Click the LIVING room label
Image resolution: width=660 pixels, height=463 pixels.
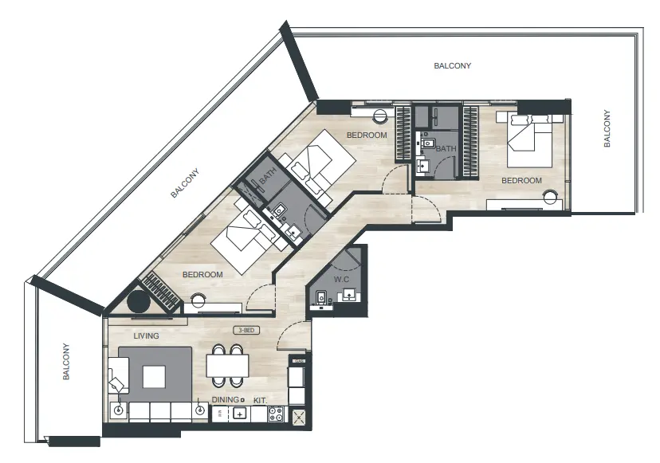[146, 336]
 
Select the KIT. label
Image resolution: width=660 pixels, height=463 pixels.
[260, 401]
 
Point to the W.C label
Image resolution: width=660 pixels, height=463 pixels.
[342, 279]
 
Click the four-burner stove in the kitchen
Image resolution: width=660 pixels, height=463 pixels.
[277, 414]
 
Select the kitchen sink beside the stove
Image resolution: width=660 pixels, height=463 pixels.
[238, 414]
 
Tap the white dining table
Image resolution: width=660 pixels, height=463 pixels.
[227, 365]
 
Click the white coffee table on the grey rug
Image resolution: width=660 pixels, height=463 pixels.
[154, 375]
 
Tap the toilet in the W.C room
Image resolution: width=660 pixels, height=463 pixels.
[320, 298]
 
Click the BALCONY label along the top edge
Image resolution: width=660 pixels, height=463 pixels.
[452, 66]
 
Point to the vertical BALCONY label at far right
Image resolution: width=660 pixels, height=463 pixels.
[607, 128]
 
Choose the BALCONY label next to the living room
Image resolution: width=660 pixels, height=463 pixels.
[67, 362]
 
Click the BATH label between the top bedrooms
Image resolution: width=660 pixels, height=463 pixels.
[446, 149]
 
